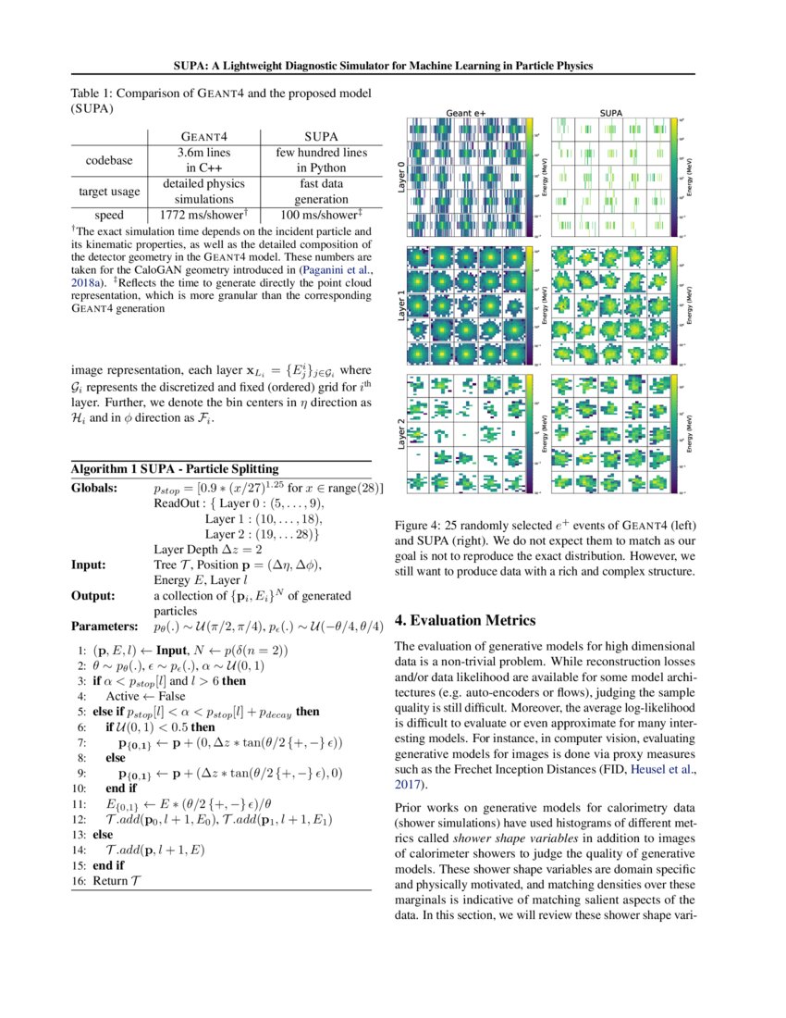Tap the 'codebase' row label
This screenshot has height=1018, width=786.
(109, 160)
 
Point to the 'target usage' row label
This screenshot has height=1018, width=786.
(109, 191)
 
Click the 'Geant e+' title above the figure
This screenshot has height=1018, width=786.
(466, 111)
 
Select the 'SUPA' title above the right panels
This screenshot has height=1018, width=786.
(611, 111)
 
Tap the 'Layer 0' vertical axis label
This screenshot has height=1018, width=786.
(400, 175)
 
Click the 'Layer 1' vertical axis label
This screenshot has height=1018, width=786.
(400, 304)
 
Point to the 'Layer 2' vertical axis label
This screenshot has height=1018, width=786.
(400, 434)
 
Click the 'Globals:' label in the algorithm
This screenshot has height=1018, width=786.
(94, 488)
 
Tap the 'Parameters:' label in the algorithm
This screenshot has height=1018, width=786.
(104, 627)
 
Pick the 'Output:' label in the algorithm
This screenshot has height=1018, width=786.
(92, 596)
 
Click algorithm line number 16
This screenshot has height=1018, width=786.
(79, 881)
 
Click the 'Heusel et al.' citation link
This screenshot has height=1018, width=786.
(661, 770)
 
